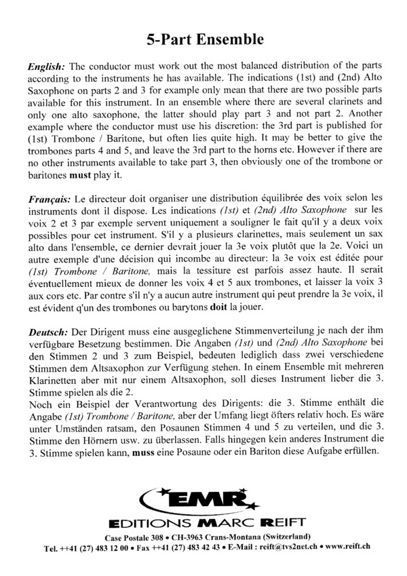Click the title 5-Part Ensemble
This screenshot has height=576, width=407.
204,39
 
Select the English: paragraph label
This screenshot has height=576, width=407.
46,66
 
